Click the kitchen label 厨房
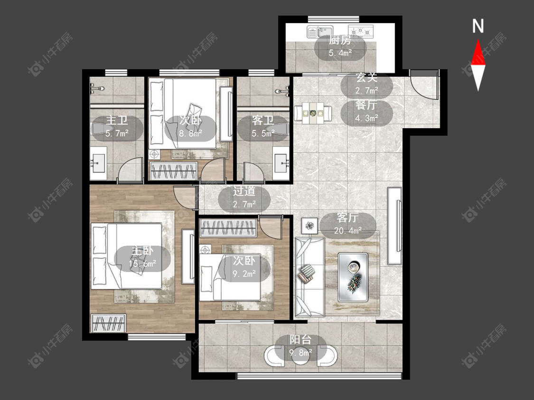(339, 40)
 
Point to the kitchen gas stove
(361, 31)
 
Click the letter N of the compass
(478, 26)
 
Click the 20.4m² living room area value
(347, 231)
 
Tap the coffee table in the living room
(353, 277)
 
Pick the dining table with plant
(313, 113)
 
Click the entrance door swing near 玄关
(423, 84)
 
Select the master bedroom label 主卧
(142, 251)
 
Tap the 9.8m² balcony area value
(301, 353)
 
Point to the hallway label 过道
(244, 191)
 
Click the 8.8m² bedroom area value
(191, 133)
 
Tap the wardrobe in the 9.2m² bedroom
(228, 227)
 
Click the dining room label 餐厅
(366, 105)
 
